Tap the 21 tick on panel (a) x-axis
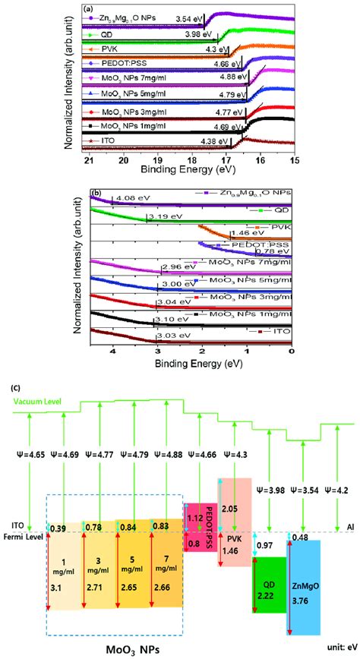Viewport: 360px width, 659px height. tap(90, 161)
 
